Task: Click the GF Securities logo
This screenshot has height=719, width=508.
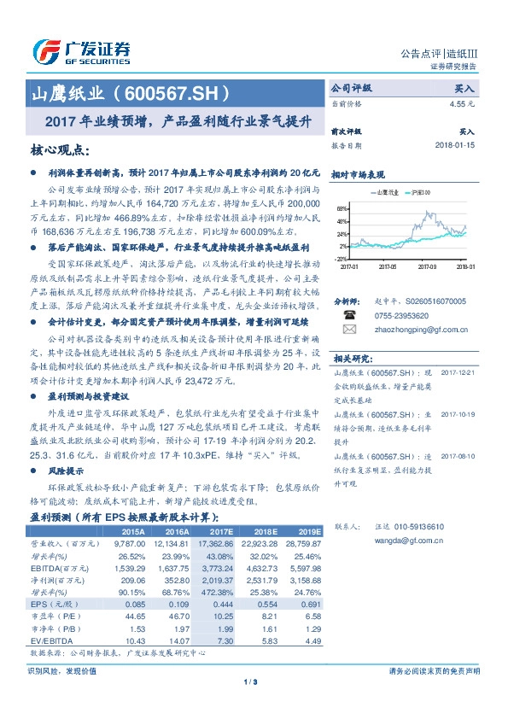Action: (80, 52)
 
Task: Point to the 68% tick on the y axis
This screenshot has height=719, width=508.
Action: (342, 208)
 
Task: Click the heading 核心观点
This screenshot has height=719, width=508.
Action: (59, 150)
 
